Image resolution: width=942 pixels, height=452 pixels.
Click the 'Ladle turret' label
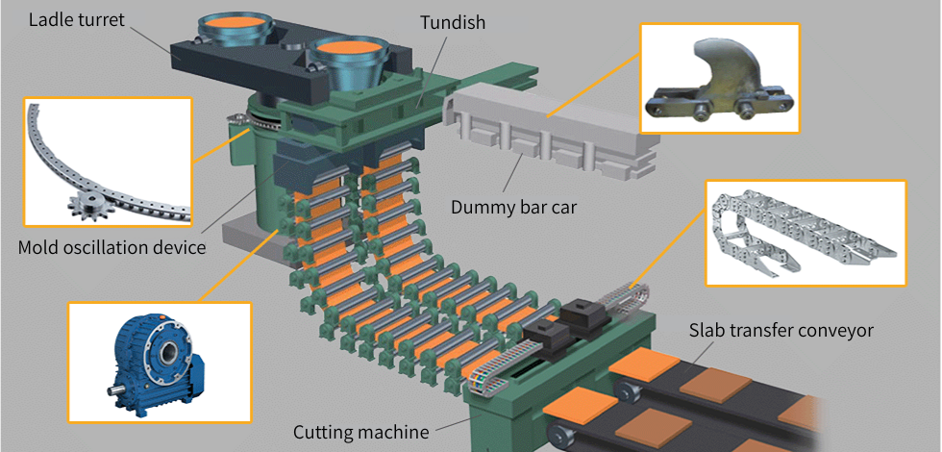(x=77, y=19)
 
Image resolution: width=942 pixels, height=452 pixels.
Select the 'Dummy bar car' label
(x=520, y=207)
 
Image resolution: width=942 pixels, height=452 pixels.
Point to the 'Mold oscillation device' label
(x=112, y=248)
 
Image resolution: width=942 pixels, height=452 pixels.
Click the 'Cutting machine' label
(x=360, y=432)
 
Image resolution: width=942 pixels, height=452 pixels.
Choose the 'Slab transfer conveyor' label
(x=781, y=330)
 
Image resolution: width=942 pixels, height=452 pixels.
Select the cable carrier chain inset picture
(x=806, y=233)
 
